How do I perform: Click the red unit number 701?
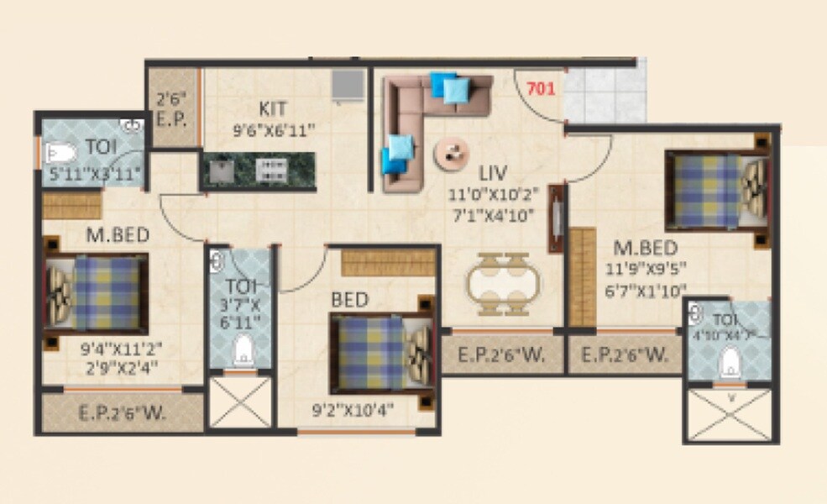coord(542,87)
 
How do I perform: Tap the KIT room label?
coord(272,109)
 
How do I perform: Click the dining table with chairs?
coord(503,283)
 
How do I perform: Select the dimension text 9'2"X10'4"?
coord(352,411)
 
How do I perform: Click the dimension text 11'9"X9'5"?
coord(650,270)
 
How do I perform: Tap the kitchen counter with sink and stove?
coord(258,171)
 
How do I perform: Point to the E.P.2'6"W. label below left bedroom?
coord(122,412)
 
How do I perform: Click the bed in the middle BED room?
coord(381,351)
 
